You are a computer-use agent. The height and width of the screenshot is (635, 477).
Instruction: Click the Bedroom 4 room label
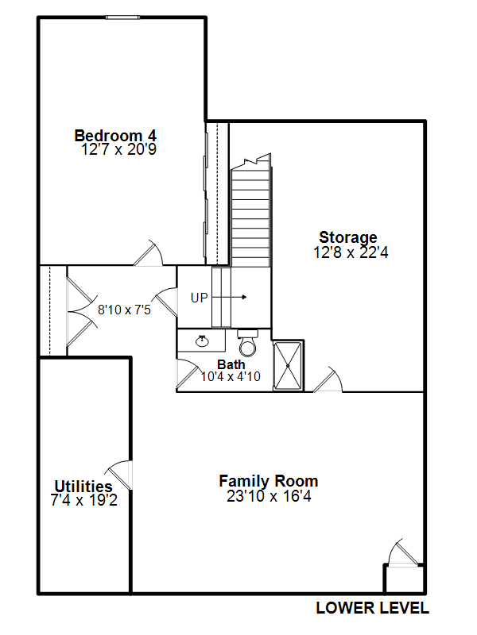click(x=115, y=136)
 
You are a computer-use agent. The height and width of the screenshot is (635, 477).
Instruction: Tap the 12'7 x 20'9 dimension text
click(x=118, y=149)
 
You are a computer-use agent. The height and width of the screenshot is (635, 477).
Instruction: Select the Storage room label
click(x=348, y=237)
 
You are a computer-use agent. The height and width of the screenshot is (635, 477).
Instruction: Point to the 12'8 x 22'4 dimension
click(x=351, y=252)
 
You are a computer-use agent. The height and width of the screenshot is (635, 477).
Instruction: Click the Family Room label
click(x=269, y=482)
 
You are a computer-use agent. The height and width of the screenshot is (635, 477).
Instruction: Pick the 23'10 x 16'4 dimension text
click(x=269, y=496)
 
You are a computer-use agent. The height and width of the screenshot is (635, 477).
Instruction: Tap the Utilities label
click(x=83, y=486)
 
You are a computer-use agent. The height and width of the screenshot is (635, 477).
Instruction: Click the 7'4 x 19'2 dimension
click(x=84, y=500)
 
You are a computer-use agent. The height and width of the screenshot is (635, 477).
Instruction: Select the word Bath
click(x=231, y=364)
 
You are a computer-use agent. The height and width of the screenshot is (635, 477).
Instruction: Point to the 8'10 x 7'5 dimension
click(x=124, y=310)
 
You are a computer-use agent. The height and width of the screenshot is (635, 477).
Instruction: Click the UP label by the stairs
click(x=200, y=298)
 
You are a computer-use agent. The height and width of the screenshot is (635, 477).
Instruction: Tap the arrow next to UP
click(x=229, y=297)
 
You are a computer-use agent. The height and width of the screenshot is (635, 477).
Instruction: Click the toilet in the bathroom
click(x=247, y=343)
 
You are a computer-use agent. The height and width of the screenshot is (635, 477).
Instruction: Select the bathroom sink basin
click(x=202, y=341)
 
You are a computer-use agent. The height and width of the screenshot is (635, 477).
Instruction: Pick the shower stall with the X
click(x=288, y=366)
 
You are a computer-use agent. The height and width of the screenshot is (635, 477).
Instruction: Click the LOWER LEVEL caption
click(x=372, y=608)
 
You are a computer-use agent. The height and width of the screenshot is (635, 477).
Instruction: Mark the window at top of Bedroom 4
click(x=122, y=17)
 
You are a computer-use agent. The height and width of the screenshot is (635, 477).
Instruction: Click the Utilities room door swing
click(x=118, y=475)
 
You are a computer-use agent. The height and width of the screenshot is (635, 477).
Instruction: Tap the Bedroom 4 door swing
click(x=148, y=253)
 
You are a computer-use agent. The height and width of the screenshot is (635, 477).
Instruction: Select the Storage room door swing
click(x=328, y=379)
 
